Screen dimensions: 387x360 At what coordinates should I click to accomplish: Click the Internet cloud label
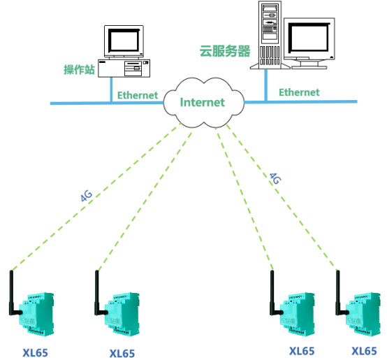tap(203, 102)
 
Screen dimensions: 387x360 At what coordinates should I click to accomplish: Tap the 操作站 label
tap(79, 69)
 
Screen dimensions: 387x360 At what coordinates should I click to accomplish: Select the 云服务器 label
tap(225, 51)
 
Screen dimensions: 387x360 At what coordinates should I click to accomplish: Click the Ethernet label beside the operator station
tap(138, 95)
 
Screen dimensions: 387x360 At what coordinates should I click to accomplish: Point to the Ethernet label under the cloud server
tap(299, 92)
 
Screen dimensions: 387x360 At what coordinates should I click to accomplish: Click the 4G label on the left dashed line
tap(87, 196)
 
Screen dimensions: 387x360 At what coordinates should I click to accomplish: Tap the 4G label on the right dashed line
tap(275, 178)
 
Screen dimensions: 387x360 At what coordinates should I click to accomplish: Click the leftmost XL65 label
tap(36, 352)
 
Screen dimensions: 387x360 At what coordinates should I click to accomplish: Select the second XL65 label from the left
tap(122, 353)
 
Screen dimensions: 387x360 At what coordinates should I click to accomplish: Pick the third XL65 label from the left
tap(302, 351)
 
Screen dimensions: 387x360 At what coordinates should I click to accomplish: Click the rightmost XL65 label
tap(364, 351)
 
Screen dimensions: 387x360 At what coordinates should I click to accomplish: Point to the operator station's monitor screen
tap(124, 41)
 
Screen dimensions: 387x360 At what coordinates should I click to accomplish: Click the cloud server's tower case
tap(270, 34)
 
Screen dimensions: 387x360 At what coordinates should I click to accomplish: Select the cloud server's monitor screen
tap(309, 37)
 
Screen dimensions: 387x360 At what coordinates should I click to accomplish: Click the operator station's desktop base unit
tap(124, 68)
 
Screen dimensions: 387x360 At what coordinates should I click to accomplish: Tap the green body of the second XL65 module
tap(122, 314)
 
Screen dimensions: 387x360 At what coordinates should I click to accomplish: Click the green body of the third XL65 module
tap(298, 314)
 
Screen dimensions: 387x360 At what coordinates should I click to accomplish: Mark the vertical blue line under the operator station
tap(111, 89)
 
